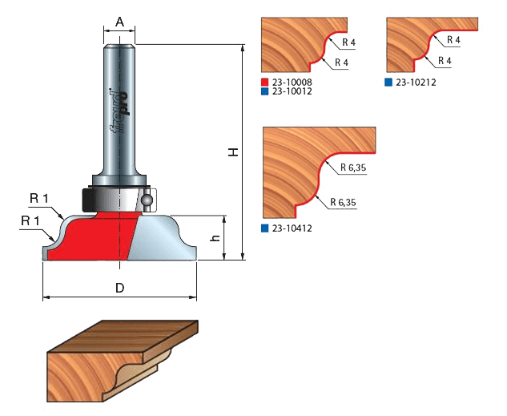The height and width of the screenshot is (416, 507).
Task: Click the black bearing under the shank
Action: [99, 196]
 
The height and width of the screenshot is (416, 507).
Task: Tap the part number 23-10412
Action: [292, 228]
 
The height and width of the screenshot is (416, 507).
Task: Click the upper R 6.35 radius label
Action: [352, 169]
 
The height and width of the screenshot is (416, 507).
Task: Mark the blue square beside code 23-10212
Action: [388, 82]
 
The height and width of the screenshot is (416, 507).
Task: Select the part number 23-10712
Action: [292, 91]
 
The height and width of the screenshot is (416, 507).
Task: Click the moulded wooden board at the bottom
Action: [120, 360]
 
